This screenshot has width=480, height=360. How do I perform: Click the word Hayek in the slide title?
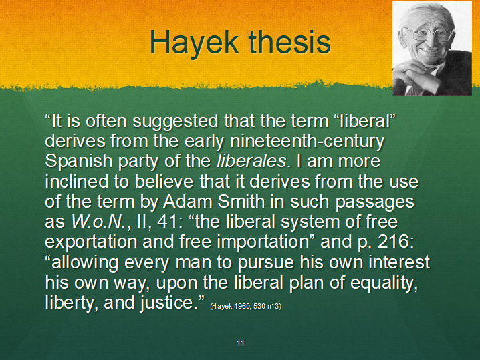[x=195, y=43]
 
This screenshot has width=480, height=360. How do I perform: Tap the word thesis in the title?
[x=290, y=42]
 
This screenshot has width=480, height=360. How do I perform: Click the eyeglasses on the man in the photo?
[x=428, y=33]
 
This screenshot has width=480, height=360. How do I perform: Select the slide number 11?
[x=240, y=343]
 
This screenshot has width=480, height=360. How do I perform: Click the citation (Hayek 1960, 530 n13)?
[x=246, y=306]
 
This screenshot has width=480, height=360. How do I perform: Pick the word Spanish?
[x=79, y=161]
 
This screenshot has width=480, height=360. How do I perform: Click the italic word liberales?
[x=251, y=160]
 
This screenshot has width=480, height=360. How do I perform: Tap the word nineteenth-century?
[x=307, y=141]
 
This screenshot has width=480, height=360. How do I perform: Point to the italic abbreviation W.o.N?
[x=98, y=222]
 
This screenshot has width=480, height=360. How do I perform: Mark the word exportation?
[x=91, y=242]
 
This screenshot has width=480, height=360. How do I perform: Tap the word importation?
[x=263, y=242]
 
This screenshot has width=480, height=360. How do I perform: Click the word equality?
[x=384, y=283]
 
